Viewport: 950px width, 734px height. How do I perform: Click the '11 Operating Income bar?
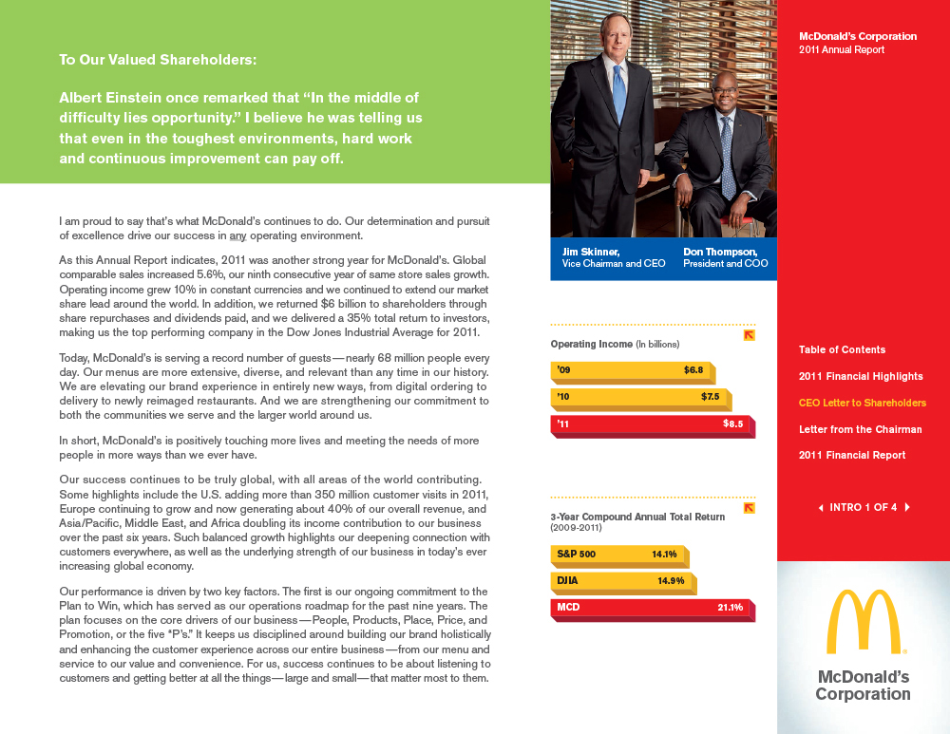(x=651, y=425)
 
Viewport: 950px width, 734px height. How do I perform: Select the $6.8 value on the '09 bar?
(x=693, y=369)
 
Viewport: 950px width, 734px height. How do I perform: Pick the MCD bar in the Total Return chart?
(x=651, y=607)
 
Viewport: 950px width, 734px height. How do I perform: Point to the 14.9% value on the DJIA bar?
(x=671, y=580)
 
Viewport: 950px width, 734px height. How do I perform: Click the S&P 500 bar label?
(x=577, y=554)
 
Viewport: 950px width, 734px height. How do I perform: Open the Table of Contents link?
(x=842, y=349)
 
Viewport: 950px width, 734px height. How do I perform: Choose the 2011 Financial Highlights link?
(x=861, y=376)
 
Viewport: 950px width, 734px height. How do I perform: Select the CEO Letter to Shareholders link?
(x=862, y=403)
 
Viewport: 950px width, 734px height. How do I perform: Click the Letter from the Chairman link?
(x=860, y=429)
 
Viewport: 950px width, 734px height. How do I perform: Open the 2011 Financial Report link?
(x=852, y=455)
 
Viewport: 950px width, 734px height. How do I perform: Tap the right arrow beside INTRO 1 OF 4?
(x=907, y=507)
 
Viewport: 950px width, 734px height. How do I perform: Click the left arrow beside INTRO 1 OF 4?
(x=821, y=507)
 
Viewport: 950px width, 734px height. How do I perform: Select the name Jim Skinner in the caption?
(x=591, y=252)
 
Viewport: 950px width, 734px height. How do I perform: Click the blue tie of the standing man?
(x=618, y=90)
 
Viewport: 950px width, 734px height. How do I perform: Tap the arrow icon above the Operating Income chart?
(x=749, y=335)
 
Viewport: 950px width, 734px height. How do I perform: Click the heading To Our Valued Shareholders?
(x=158, y=60)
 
